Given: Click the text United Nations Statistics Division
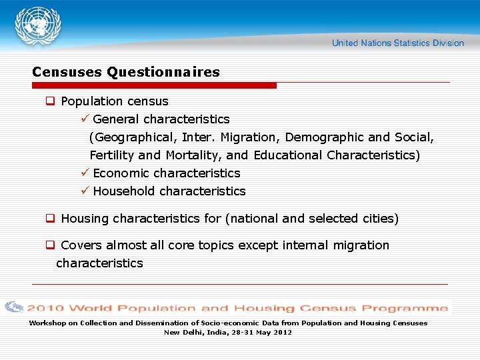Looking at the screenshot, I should tap(397, 43).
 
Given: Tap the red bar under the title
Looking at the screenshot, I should tap(154, 85).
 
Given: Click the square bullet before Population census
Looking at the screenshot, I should tap(49, 101).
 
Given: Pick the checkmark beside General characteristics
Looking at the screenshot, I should tap(83, 119).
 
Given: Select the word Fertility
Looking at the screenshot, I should tap(112, 155).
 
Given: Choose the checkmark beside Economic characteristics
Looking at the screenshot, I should tap(83, 173).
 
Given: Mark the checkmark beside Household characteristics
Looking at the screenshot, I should tap(83, 191).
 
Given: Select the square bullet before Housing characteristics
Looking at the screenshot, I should tap(49, 219).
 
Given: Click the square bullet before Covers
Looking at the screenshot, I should tap(49, 245).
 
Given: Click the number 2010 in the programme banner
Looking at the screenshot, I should tap(45, 308).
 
